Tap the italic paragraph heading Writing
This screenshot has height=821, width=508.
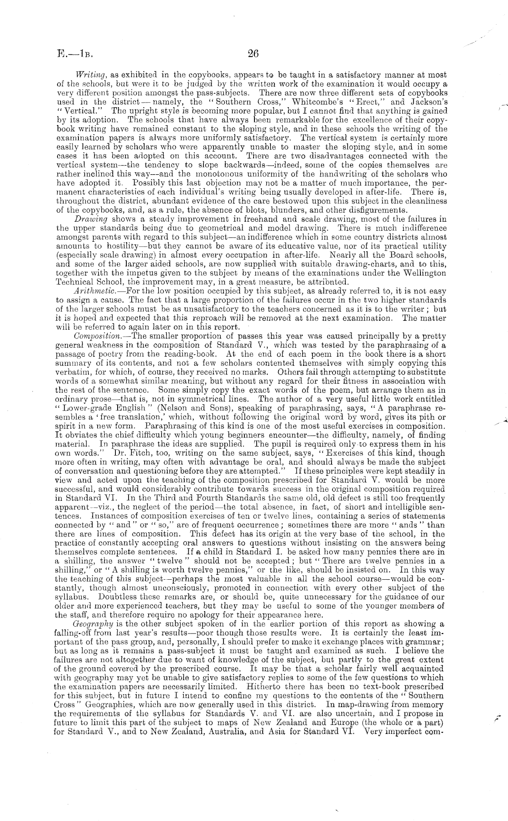88,74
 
